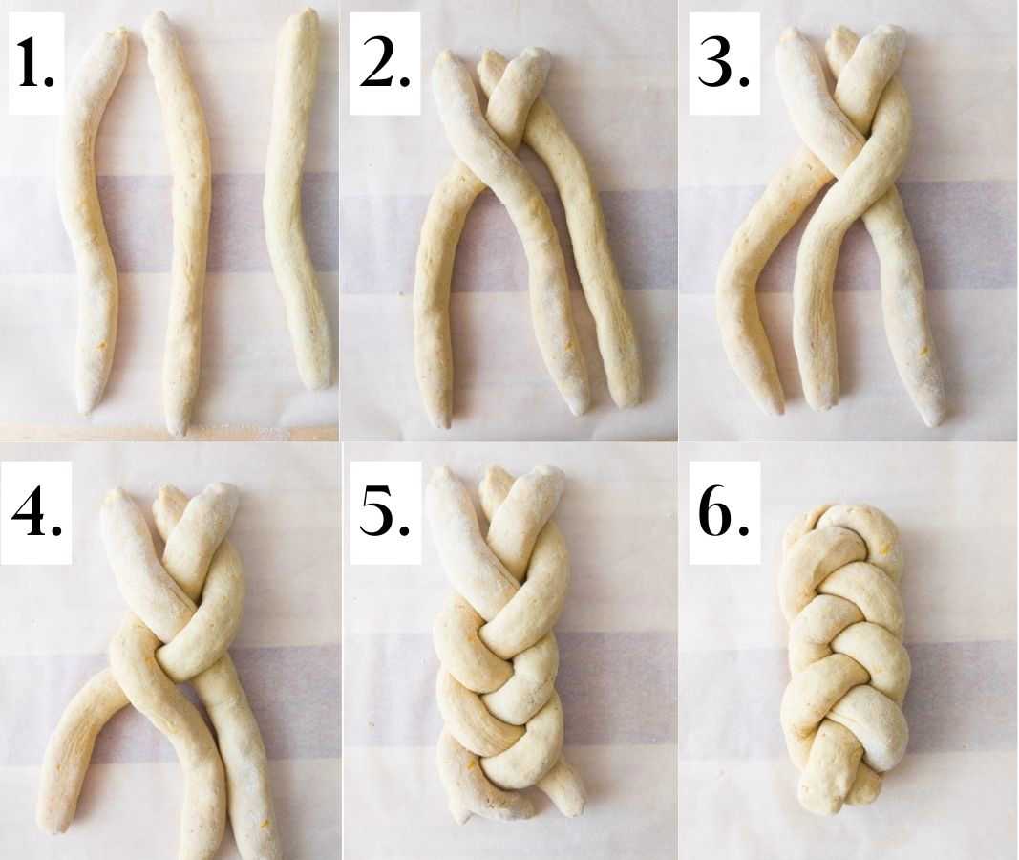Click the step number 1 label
36,62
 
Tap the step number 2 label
385,62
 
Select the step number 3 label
724,62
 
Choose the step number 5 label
385,512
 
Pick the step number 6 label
724,512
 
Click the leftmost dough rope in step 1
91,221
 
